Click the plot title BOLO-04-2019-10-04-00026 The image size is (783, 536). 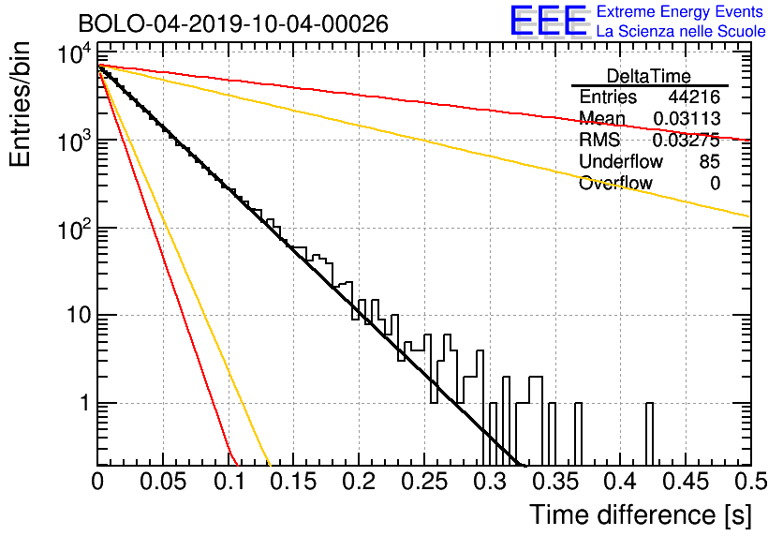coord(233,23)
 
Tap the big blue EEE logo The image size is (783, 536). coord(548,21)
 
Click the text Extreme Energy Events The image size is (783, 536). coord(680,11)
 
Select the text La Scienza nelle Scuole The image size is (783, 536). coord(681,31)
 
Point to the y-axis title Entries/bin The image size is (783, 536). coord(20,104)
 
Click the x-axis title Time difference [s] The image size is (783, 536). coord(641,514)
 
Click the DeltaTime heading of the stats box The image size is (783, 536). coord(649,76)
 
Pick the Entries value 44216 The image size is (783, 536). coord(694,97)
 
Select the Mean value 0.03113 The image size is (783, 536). coord(687,118)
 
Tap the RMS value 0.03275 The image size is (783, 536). coord(687,140)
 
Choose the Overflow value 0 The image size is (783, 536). coord(715,183)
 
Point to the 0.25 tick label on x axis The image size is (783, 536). coord(425,481)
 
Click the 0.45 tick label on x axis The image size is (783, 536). coord(686,481)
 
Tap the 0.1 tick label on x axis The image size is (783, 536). coord(229,481)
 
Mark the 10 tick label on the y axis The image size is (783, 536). coord(78,315)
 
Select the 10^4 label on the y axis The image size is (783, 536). coord(75,54)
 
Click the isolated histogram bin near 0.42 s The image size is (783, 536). coord(649,434)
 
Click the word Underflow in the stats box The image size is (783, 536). coord(621,161)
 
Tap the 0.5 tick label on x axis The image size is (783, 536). coord(751,481)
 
